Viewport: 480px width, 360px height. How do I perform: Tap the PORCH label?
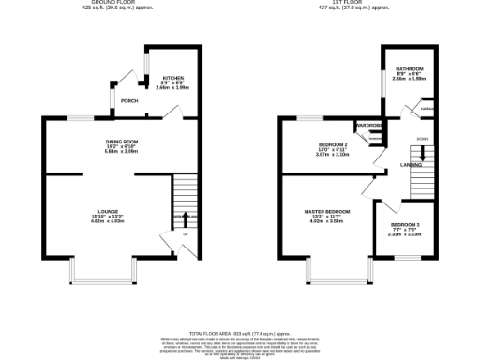pos(129,100)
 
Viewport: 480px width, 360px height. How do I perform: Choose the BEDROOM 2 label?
pos(333,144)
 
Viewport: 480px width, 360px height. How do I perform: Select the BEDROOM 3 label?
pos(405,225)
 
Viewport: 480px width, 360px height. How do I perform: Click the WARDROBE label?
pos(367,125)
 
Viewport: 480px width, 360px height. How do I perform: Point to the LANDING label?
pos(411,165)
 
